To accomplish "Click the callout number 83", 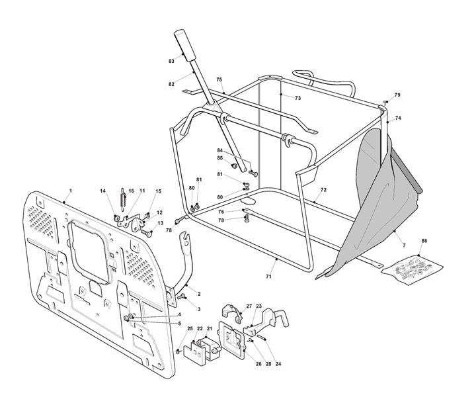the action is tap(171, 61).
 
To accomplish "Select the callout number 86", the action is tap(424, 241).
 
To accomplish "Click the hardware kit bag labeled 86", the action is tap(412, 270).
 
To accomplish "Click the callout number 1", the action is tap(71, 191).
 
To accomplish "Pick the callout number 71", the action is tap(268, 277).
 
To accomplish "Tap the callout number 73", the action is tap(297, 98).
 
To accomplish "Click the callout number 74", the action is tap(398, 118).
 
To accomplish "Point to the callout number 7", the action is tap(404, 246).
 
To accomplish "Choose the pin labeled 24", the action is tap(262, 338).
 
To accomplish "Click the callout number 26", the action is tap(258, 364).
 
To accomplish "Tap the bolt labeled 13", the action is tap(146, 234).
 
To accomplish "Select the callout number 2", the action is tap(199, 294).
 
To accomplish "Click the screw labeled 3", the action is tap(181, 296).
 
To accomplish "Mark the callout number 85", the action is tap(219, 158).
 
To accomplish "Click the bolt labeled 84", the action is tap(253, 173).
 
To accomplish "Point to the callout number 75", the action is tap(219, 79).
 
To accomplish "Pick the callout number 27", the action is tap(249, 306).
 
